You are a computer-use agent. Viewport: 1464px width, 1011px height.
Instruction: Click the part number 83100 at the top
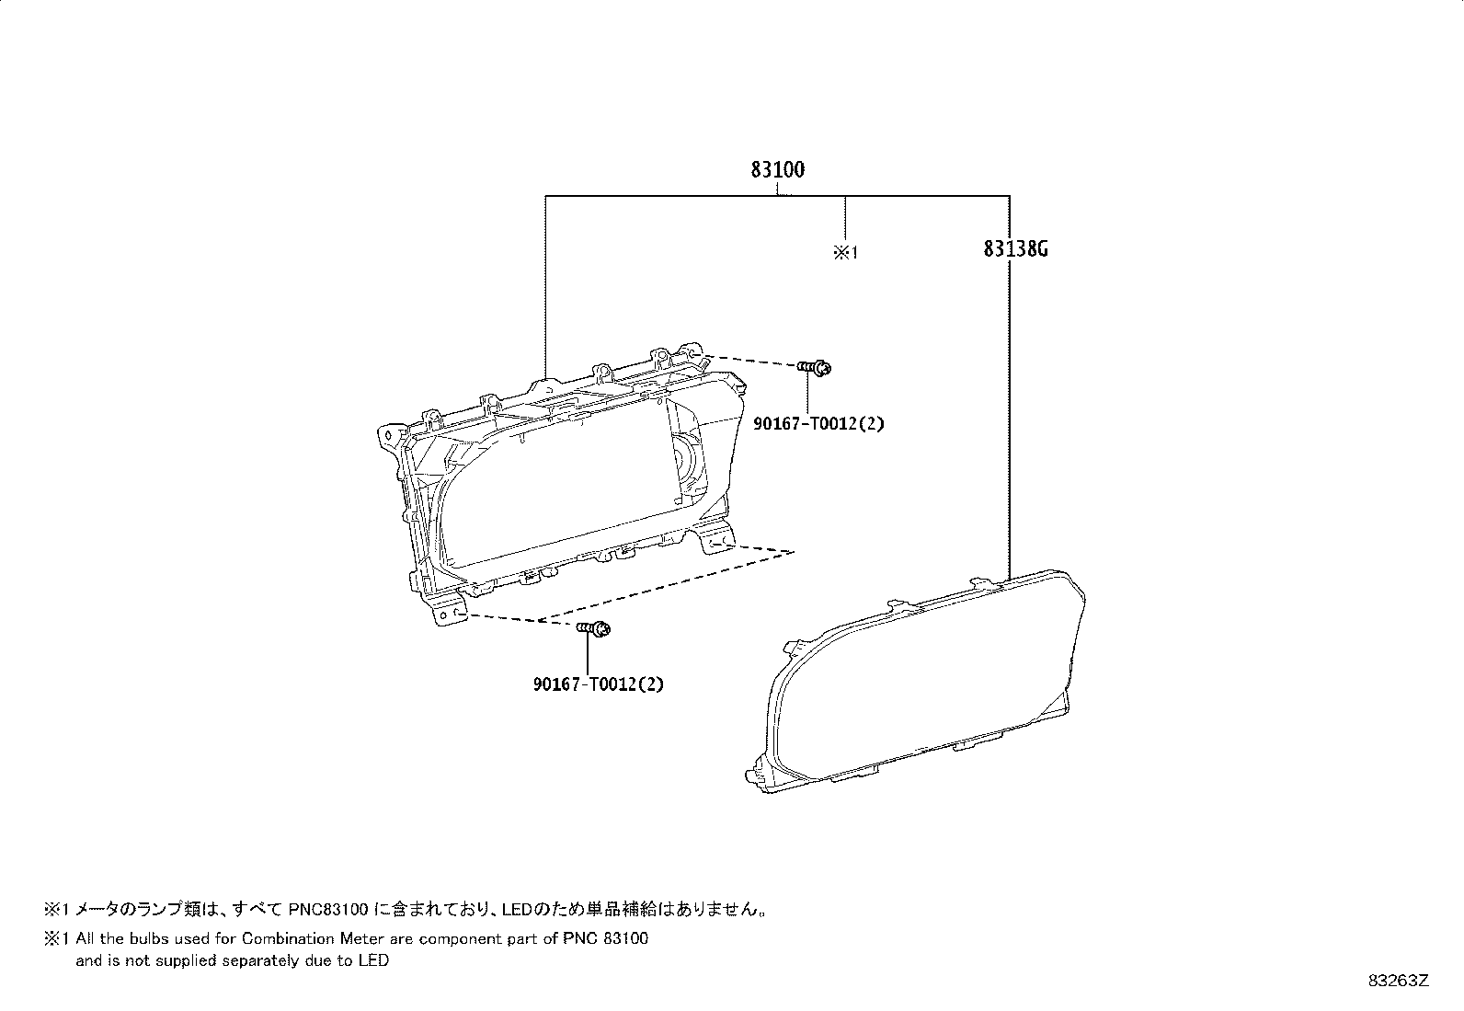[777, 170]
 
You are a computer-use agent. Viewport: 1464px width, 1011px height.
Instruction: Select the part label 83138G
[1015, 249]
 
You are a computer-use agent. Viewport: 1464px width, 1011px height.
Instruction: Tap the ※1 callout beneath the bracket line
[845, 252]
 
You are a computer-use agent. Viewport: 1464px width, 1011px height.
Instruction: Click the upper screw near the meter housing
[815, 368]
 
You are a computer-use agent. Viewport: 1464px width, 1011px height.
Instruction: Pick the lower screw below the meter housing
[594, 629]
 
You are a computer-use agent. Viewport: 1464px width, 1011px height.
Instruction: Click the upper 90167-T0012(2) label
[819, 424]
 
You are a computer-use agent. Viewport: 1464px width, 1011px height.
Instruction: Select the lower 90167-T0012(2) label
[599, 684]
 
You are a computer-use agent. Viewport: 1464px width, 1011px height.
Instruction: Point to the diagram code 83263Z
[1399, 981]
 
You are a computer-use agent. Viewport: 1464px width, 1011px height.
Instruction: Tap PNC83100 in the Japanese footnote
[328, 909]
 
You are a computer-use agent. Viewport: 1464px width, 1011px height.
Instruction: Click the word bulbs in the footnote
[149, 939]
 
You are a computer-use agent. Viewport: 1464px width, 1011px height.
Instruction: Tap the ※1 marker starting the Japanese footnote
[56, 909]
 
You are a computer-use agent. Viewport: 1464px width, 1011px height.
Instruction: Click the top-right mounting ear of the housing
[690, 351]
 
